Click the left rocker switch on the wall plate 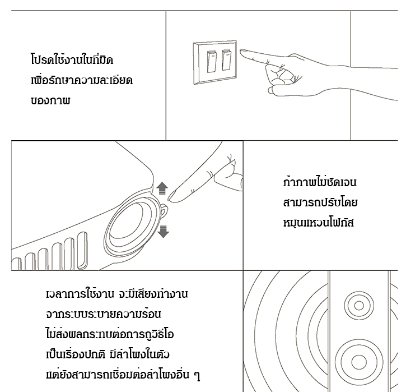pyautogui.click(x=212, y=62)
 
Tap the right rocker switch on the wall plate pyautogui.click(x=226, y=60)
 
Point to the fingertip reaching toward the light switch pyautogui.click(x=242, y=52)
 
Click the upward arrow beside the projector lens pyautogui.click(x=162, y=188)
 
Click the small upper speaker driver pyautogui.click(x=359, y=306)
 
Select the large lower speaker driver pyautogui.click(x=358, y=362)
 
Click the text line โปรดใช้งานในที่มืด pyautogui.click(x=72, y=59)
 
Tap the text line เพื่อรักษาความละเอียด pyautogui.click(x=82, y=80)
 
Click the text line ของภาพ pyautogui.click(x=50, y=100)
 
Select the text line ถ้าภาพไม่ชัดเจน pyautogui.click(x=320, y=182)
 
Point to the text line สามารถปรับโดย pyautogui.click(x=320, y=202)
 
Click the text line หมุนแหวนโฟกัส pyautogui.click(x=319, y=223)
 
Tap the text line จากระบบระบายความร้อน pyautogui.click(x=104, y=313)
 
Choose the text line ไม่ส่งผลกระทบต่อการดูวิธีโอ pyautogui.click(x=110, y=334)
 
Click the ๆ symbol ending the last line pyautogui.click(x=197, y=375)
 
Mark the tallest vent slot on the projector pyautogui.click(x=82, y=250)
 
